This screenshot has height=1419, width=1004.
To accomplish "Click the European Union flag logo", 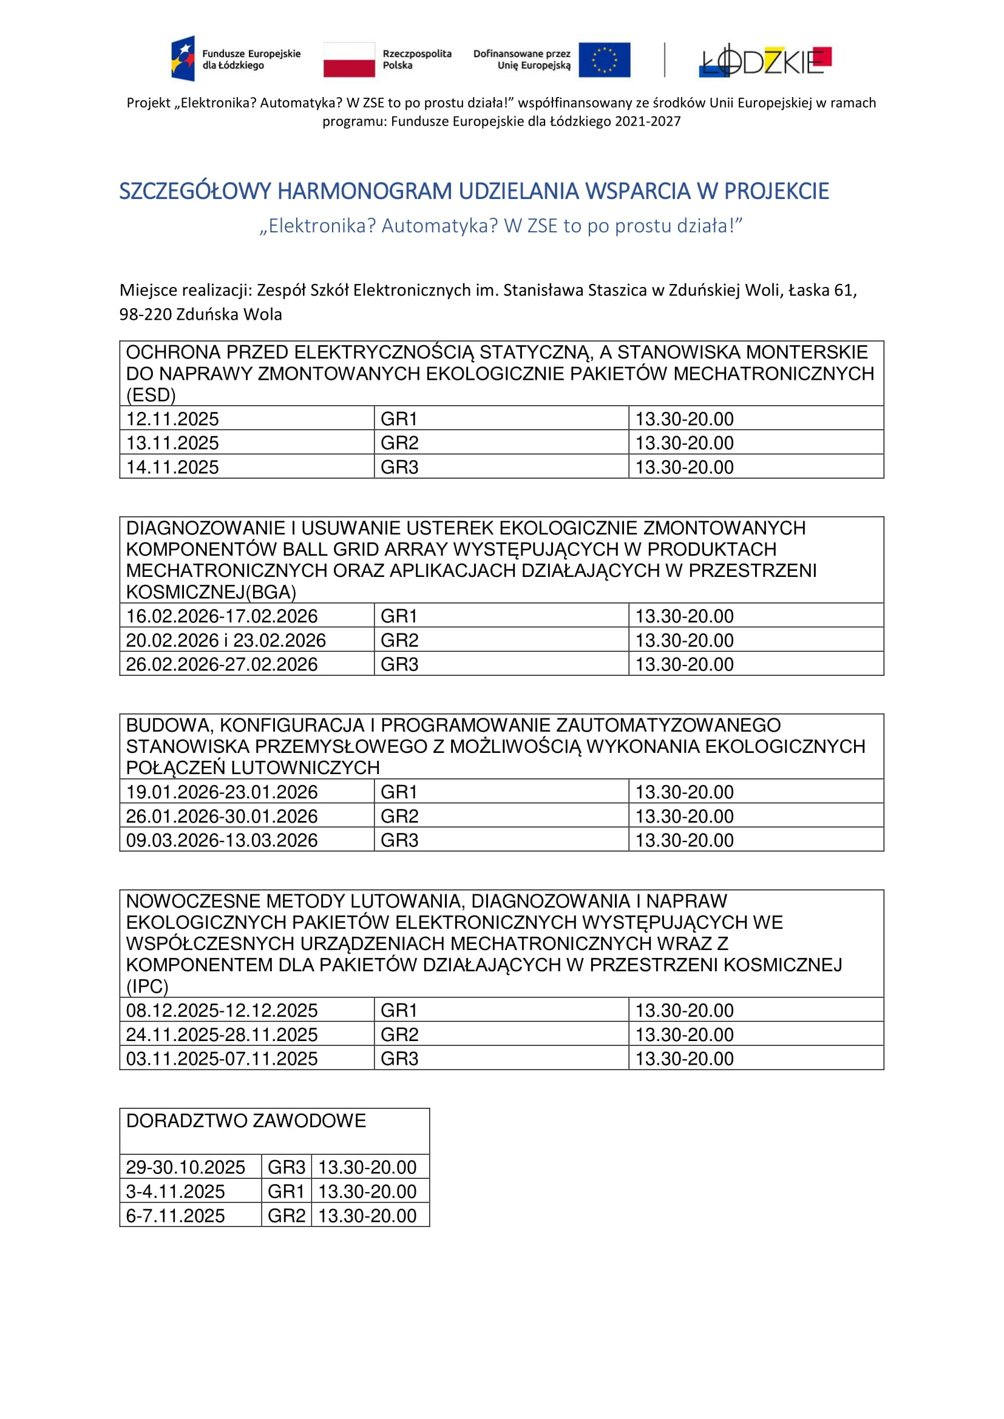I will (604, 60).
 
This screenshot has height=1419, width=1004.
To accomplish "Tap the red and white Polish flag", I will (348, 60).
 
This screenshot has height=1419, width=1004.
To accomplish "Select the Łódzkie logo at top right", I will (765, 60).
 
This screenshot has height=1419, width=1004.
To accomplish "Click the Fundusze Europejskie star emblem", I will (183, 59).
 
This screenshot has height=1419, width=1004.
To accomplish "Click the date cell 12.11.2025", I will (172, 419).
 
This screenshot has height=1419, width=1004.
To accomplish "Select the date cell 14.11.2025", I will (172, 467).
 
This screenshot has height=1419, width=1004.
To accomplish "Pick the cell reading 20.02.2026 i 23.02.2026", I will (226, 640).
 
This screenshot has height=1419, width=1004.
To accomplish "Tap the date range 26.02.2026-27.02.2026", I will (222, 664).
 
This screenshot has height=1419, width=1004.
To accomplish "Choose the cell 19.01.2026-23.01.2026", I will (222, 792).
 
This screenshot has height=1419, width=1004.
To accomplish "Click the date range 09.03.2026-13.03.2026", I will (222, 840).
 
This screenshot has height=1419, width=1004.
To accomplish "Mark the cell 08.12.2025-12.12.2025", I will (222, 1011).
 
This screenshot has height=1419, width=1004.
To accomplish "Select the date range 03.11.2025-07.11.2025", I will (222, 1059).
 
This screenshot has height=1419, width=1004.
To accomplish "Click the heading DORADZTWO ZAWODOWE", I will (245, 1121).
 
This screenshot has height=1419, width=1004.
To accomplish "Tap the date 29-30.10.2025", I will (186, 1167).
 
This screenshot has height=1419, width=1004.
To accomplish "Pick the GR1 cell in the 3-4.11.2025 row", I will (286, 1191).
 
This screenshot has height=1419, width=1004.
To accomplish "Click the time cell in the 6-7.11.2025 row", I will (367, 1216).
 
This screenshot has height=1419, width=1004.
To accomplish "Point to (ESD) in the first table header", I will (151, 395).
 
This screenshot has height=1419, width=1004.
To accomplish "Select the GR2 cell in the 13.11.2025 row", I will (399, 443).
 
